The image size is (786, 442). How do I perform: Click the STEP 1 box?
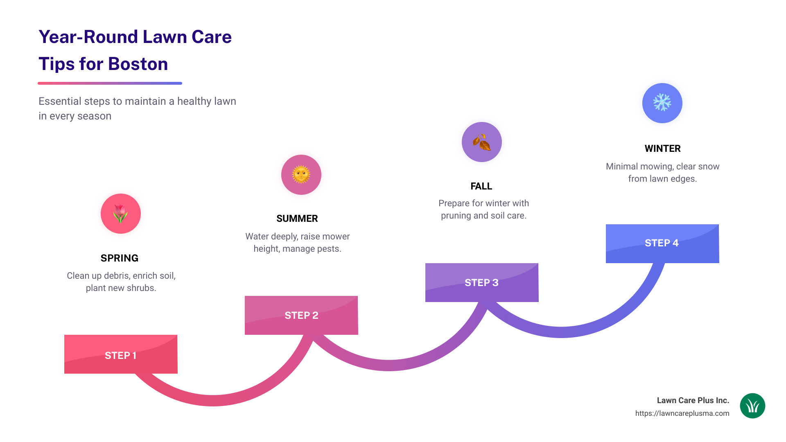point(121,354)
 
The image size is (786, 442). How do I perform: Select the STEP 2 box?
point(301,315)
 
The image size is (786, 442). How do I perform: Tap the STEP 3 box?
point(481,282)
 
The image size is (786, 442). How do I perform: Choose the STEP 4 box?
point(662,243)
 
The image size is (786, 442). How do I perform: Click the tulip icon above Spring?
point(121,214)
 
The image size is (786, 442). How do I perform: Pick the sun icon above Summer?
point(301,175)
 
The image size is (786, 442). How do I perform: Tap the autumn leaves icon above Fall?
point(482,142)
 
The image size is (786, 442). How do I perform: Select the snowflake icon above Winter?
point(662,103)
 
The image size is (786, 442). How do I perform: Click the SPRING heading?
point(120,258)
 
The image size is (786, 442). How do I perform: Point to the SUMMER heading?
point(297,219)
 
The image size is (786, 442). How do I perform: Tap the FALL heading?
point(481,186)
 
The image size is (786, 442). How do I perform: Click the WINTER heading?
point(662,149)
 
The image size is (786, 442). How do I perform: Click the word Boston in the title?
point(138,64)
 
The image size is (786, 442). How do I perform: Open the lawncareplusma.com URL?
point(682,413)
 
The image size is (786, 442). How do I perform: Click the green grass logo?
point(752,406)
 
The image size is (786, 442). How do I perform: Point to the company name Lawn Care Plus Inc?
point(693,401)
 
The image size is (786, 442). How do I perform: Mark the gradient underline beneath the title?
point(110,83)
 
